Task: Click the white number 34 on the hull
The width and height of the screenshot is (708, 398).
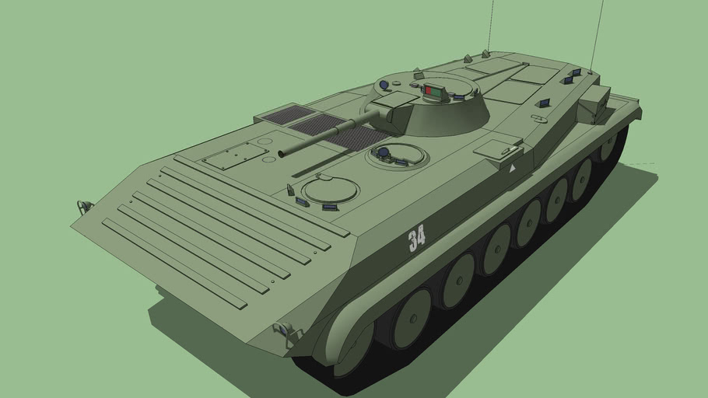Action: click(417, 237)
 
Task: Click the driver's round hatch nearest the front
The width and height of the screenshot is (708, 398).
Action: click(331, 189)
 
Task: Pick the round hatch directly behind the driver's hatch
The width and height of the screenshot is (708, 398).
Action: click(399, 153)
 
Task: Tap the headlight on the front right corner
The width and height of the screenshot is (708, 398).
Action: click(285, 332)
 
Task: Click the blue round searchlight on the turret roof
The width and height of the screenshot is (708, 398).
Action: click(384, 85)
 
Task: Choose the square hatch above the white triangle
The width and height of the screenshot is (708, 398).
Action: click(497, 147)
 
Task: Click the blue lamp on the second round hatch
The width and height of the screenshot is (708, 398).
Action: click(383, 151)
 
